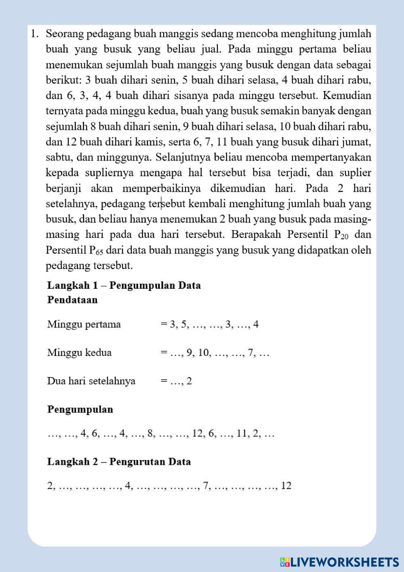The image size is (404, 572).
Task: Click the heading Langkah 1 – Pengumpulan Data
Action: tap(124, 285)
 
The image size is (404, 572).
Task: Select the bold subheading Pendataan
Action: tap(72, 300)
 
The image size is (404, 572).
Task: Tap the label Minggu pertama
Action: tap(84, 324)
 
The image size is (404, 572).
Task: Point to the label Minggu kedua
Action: tap(79, 352)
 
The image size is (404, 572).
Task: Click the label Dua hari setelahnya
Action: tap(91, 381)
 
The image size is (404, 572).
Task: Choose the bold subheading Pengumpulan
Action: tap(80, 409)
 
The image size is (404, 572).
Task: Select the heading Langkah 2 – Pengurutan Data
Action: tap(119, 462)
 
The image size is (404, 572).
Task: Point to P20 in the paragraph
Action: tap(341, 235)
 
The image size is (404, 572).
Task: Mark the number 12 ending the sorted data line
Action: tap(286, 486)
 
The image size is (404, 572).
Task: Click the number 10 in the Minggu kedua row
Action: tap(204, 353)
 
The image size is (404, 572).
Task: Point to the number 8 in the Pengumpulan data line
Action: tap(151, 434)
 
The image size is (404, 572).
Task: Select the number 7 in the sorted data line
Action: tap(205, 486)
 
